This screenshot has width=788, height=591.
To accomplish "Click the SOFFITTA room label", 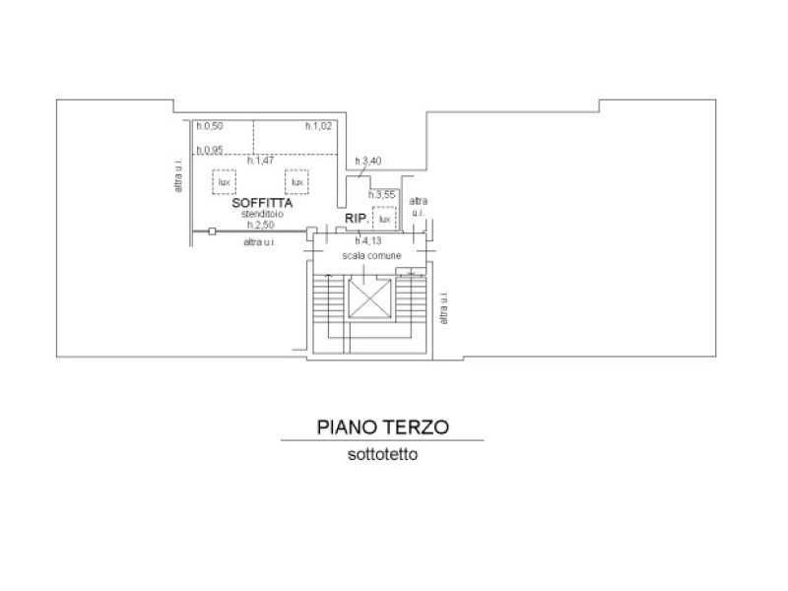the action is click(x=262, y=203).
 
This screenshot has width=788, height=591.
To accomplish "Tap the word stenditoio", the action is click(x=262, y=214).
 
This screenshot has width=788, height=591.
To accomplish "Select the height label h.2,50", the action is click(x=261, y=225).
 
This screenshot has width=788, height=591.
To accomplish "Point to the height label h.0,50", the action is click(x=210, y=126).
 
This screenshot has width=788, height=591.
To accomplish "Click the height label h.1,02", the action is click(x=318, y=126).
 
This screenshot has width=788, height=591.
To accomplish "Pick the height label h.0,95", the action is click(x=210, y=150).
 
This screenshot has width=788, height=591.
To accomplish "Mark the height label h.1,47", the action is click(x=260, y=161).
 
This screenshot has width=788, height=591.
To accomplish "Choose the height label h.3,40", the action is click(x=368, y=162).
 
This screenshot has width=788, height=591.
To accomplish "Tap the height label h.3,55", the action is click(x=382, y=195).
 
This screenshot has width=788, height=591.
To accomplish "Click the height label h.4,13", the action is click(x=368, y=241).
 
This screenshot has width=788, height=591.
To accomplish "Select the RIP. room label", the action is click(x=357, y=219).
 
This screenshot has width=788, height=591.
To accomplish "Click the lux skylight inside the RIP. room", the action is click(x=384, y=219).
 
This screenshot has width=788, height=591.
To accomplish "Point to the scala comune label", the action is click(x=372, y=256).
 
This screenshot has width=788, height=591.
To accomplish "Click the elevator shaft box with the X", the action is click(x=370, y=298).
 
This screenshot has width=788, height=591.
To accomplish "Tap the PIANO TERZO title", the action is click(x=383, y=427).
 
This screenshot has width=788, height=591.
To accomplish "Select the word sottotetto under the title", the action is click(x=383, y=454).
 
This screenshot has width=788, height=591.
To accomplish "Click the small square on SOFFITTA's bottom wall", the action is click(x=212, y=231).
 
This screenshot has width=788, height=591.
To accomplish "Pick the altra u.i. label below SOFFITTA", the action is click(x=260, y=242).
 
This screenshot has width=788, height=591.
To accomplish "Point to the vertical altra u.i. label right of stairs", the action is click(x=444, y=307).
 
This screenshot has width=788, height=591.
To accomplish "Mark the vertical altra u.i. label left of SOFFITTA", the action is click(x=178, y=175).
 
